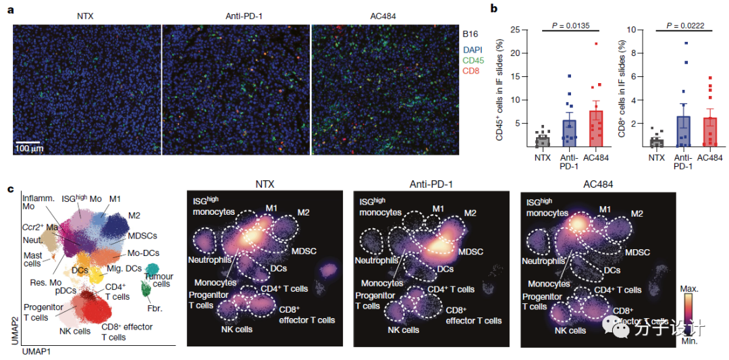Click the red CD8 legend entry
(x=471, y=73)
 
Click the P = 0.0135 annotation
(x=571, y=25)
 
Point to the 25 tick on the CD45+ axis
(x=517, y=30)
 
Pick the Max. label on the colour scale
(x=688, y=288)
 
